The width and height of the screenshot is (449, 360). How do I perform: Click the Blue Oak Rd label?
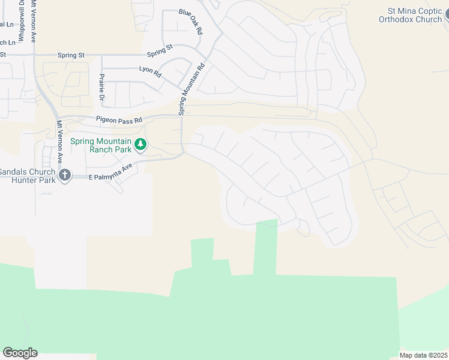tap(191, 22)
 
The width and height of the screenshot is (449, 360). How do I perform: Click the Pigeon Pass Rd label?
tap(118, 120)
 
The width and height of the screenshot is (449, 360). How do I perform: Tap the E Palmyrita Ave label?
tap(110, 173)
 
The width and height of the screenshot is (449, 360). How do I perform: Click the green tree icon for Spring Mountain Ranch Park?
tap(140, 144)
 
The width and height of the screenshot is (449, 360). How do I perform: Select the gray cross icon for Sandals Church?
tap(65, 175)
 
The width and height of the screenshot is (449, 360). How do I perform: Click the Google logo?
tap(20, 352)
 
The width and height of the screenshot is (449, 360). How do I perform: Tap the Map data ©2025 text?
tap(423, 355)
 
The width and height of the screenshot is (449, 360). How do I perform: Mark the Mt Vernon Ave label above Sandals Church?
tap(60, 142)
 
